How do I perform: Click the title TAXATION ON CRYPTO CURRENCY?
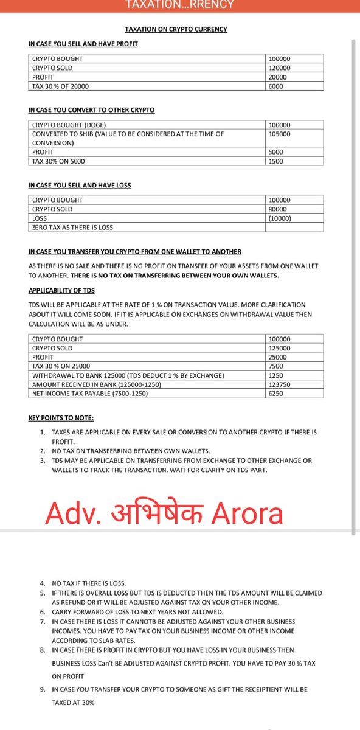176,29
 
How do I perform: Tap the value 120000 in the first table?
279,68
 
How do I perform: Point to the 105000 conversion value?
279,134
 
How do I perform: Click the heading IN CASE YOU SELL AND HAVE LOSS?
80,186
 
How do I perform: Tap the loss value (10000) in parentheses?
280,218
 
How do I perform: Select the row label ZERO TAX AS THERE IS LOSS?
72,227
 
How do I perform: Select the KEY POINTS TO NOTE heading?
61,418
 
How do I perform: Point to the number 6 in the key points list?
43,611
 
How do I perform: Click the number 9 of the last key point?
43,689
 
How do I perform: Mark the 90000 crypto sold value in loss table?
279,209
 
